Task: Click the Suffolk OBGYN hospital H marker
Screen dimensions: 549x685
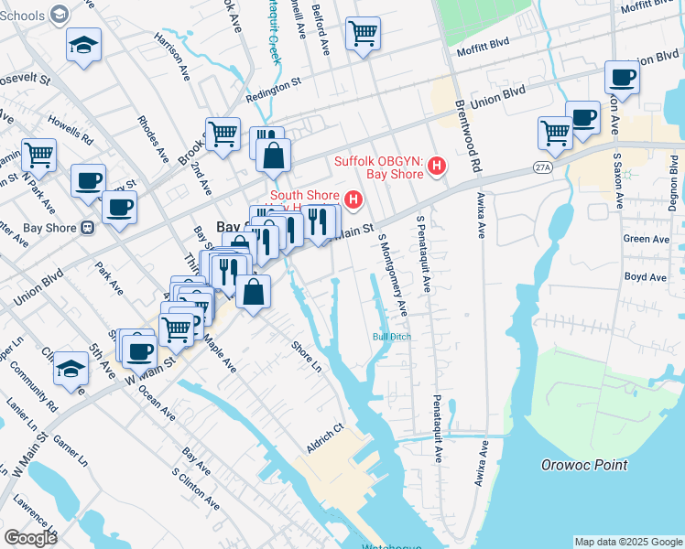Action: [437, 167]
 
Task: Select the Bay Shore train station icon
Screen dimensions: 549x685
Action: [88, 228]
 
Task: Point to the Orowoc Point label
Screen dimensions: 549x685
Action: [583, 465]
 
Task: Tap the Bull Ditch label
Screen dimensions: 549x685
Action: [391, 337]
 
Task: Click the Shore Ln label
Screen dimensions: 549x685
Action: [307, 358]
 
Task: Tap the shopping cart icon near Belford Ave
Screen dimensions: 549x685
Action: [364, 35]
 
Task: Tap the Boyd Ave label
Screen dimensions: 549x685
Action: [642, 275]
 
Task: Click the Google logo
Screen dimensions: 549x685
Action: [31, 538]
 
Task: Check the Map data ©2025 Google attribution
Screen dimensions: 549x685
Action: [626, 542]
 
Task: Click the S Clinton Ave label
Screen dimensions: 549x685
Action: [195, 489]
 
